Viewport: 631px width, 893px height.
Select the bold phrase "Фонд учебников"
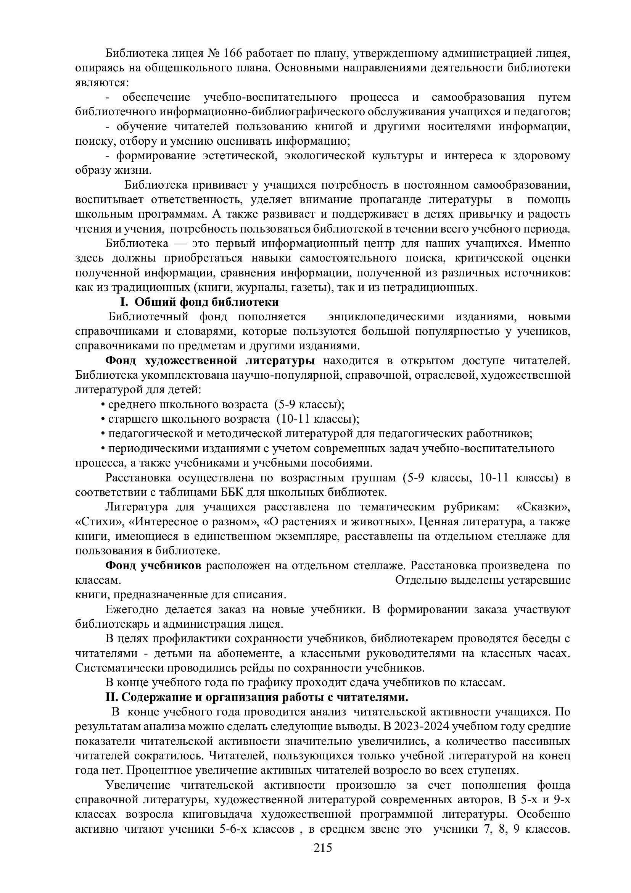coord(153,566)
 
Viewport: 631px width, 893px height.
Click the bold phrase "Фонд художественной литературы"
coord(210,360)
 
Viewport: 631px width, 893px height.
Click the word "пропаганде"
coord(390,200)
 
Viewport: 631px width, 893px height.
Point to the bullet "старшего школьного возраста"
coord(189,419)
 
